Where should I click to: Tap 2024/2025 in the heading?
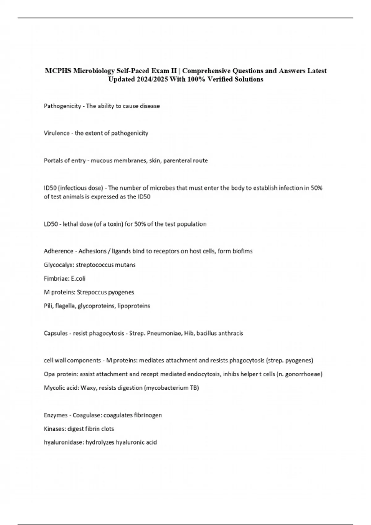pyautogui.click(x=150, y=79)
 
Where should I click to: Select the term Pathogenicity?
pyautogui.click(x=62, y=106)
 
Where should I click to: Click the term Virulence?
pyautogui.click(x=57, y=133)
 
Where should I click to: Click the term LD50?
pyautogui.click(x=51, y=224)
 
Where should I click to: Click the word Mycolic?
pyautogui.click(x=53, y=388)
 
